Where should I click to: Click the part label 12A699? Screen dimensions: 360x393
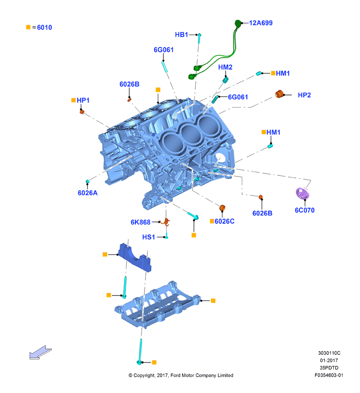click(261, 23)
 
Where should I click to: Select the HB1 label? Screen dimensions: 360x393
click(181, 34)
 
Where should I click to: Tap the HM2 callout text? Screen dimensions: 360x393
click(225, 67)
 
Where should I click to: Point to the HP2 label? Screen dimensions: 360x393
click(304, 95)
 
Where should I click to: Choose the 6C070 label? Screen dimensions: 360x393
click(304, 210)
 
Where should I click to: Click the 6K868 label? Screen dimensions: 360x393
click(141, 222)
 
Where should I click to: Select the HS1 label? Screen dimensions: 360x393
click(149, 237)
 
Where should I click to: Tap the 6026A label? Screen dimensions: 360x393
click(87, 193)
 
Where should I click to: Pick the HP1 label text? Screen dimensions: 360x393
click(83, 100)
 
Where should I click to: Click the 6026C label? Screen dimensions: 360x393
click(224, 221)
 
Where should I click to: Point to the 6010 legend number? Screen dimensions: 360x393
click(45, 27)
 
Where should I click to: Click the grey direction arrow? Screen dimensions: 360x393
click(40, 352)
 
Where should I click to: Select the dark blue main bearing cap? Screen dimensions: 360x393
click(135, 258)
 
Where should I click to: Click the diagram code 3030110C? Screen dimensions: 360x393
click(329, 353)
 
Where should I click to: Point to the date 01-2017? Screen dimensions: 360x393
click(329, 360)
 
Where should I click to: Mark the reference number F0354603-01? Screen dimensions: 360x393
click(329, 375)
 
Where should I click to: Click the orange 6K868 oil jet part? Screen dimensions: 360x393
click(166, 222)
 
